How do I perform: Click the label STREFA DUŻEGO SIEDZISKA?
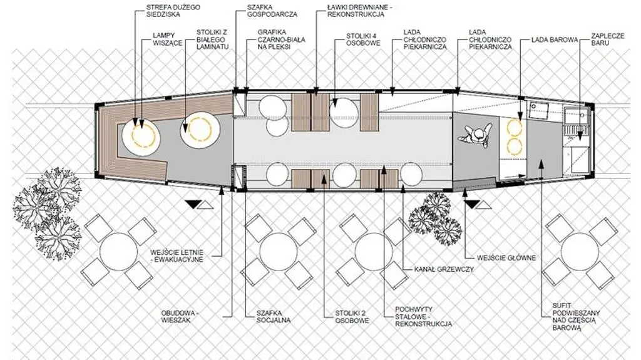tap(173, 11)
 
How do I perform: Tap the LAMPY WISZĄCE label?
tap(168, 39)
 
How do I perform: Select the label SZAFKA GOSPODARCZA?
tap(272, 11)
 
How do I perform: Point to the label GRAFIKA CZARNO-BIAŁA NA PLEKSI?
tap(281, 39)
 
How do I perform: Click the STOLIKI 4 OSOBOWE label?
tap(363, 39)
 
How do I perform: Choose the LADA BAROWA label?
tap(555, 40)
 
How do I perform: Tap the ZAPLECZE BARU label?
tap(607, 39)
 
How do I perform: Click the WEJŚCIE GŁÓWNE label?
tap(506, 258)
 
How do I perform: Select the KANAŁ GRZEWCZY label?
tap(444, 269)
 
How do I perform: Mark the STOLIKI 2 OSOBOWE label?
tap(352, 317)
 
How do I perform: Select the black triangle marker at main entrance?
tap(472, 204)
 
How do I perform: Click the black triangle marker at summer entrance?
tap(192, 204)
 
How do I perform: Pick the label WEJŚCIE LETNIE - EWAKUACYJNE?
tap(177, 255)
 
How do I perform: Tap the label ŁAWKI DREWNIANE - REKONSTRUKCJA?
tap(356, 11)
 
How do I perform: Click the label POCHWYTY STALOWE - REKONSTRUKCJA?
tap(424, 317)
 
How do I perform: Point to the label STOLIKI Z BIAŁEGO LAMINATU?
tap(213, 39)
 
